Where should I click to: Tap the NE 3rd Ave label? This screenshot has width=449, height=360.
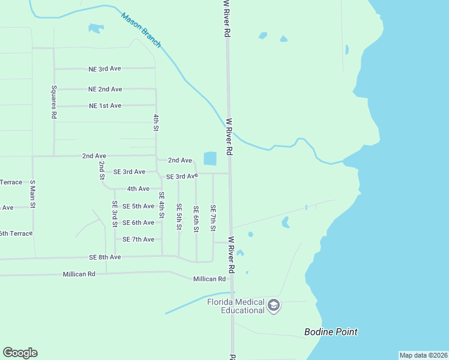click(104, 68)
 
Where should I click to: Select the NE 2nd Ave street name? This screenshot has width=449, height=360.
click(105, 89)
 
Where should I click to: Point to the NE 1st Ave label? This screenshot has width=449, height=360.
click(104, 106)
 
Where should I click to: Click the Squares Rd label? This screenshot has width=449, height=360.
click(53, 103)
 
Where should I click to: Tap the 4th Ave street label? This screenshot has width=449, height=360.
click(138, 188)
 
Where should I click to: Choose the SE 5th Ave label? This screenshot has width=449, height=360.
click(139, 206)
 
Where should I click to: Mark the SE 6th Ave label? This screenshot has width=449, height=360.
click(139, 223)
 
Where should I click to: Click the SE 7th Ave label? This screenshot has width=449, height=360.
click(139, 239)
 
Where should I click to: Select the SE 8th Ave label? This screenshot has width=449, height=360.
click(105, 257)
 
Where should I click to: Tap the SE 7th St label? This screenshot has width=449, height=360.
click(212, 218)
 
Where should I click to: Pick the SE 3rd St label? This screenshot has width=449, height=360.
click(115, 214)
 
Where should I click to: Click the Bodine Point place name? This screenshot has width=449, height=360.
click(331, 332)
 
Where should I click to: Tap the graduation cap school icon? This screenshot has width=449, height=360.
click(274, 306)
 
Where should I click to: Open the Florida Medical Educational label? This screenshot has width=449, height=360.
click(235, 306)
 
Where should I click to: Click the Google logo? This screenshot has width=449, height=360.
click(20, 353)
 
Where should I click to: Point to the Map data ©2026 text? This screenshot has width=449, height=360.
click(423, 355)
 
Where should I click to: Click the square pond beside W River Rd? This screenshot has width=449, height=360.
click(210, 158)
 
